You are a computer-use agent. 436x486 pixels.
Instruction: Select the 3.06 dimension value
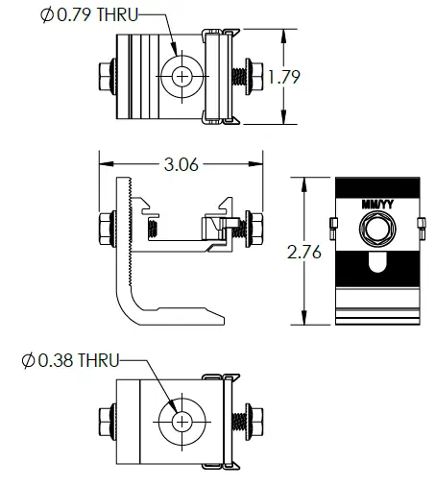click(182, 164)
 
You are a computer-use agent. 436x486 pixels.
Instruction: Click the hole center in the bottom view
click(181, 422)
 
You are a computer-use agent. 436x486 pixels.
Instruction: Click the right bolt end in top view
click(257, 75)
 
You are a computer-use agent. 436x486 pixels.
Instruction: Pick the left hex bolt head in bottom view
click(105, 422)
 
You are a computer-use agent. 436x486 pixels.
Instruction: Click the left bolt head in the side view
click(105, 229)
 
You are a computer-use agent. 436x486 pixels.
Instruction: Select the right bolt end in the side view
click(256, 228)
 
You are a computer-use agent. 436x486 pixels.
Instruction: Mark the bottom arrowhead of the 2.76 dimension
click(304, 322)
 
